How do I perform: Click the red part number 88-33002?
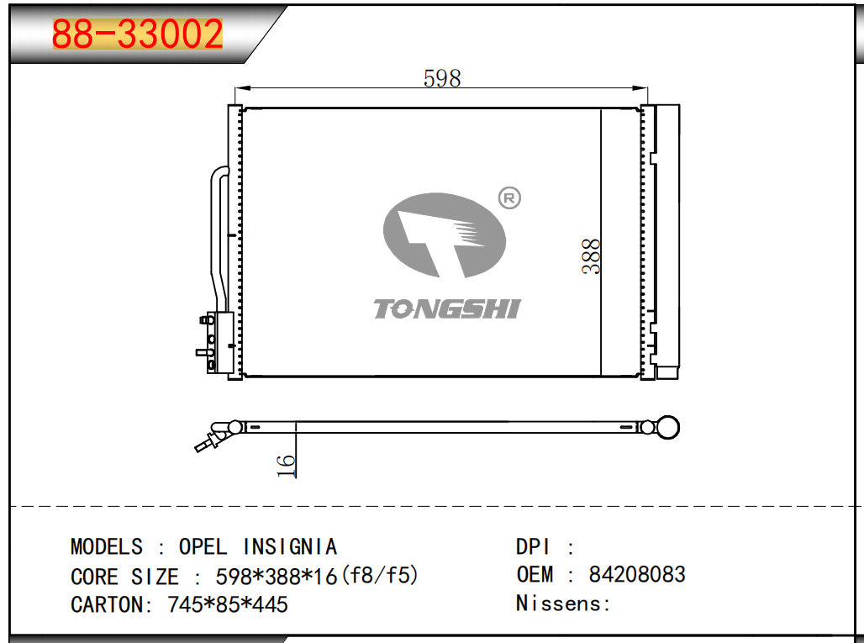(137, 34)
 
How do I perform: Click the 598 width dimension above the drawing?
(442, 78)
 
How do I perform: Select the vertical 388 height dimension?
(591, 256)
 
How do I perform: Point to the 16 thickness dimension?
(287, 466)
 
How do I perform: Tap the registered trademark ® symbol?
(509, 198)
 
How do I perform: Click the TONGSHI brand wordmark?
(447, 309)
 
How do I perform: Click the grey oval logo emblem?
(444, 235)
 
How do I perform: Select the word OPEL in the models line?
(203, 546)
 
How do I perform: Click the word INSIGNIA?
(290, 546)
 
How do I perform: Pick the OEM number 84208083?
(637, 574)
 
